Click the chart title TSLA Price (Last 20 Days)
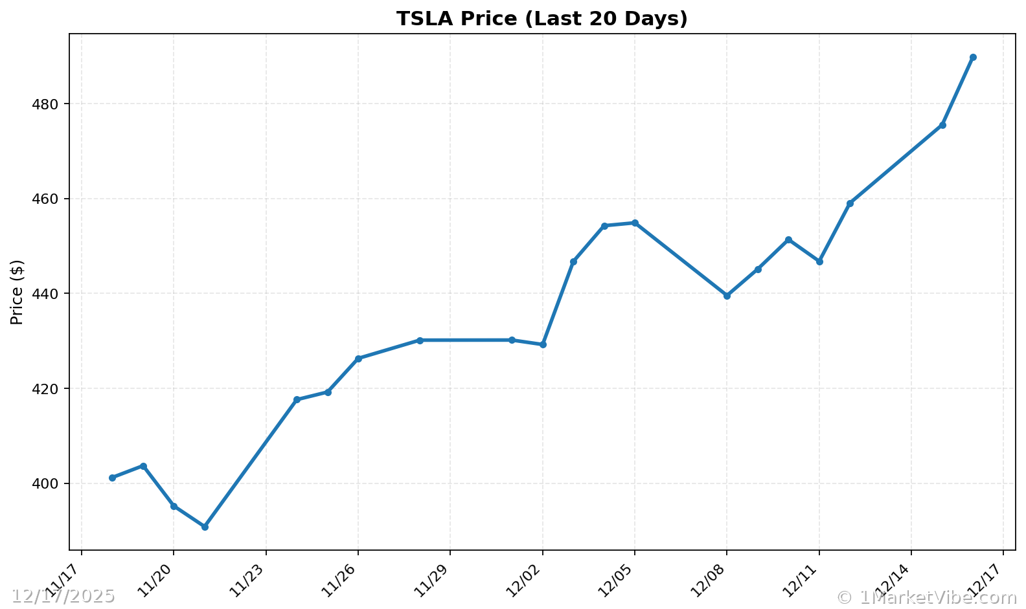click(541, 19)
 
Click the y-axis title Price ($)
click(17, 292)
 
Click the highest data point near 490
click(973, 58)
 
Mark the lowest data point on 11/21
click(205, 527)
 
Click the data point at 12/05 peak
click(635, 223)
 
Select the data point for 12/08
click(727, 296)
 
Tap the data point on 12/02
click(543, 344)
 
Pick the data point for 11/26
click(358, 359)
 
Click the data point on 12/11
click(819, 261)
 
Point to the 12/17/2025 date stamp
click(63, 596)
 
